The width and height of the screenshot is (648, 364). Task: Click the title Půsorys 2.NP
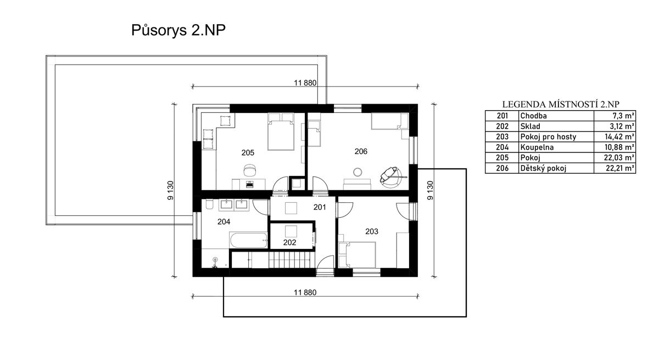tap(178, 31)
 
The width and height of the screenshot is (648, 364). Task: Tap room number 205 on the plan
tap(248, 153)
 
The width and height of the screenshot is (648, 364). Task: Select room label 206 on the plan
tap(361, 151)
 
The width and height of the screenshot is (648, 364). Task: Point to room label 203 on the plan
tap(372, 231)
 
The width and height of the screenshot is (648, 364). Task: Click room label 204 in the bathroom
tap(224, 221)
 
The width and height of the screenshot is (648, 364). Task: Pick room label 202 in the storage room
tap(290, 243)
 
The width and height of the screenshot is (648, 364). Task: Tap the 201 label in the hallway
tap(320, 207)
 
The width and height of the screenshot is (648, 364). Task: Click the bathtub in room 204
tap(249, 240)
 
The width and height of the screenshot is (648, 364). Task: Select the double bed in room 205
tap(281, 131)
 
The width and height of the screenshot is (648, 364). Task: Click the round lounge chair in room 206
tap(391, 176)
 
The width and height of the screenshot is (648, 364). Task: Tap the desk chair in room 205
tap(250, 169)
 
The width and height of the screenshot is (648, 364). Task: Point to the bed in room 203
tap(357, 254)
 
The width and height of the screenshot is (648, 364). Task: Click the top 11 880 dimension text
tap(305, 83)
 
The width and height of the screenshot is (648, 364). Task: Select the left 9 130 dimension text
tap(171, 191)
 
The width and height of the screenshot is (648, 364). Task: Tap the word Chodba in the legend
tap(533, 116)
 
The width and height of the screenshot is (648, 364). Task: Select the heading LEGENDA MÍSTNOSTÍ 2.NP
tap(560, 104)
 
